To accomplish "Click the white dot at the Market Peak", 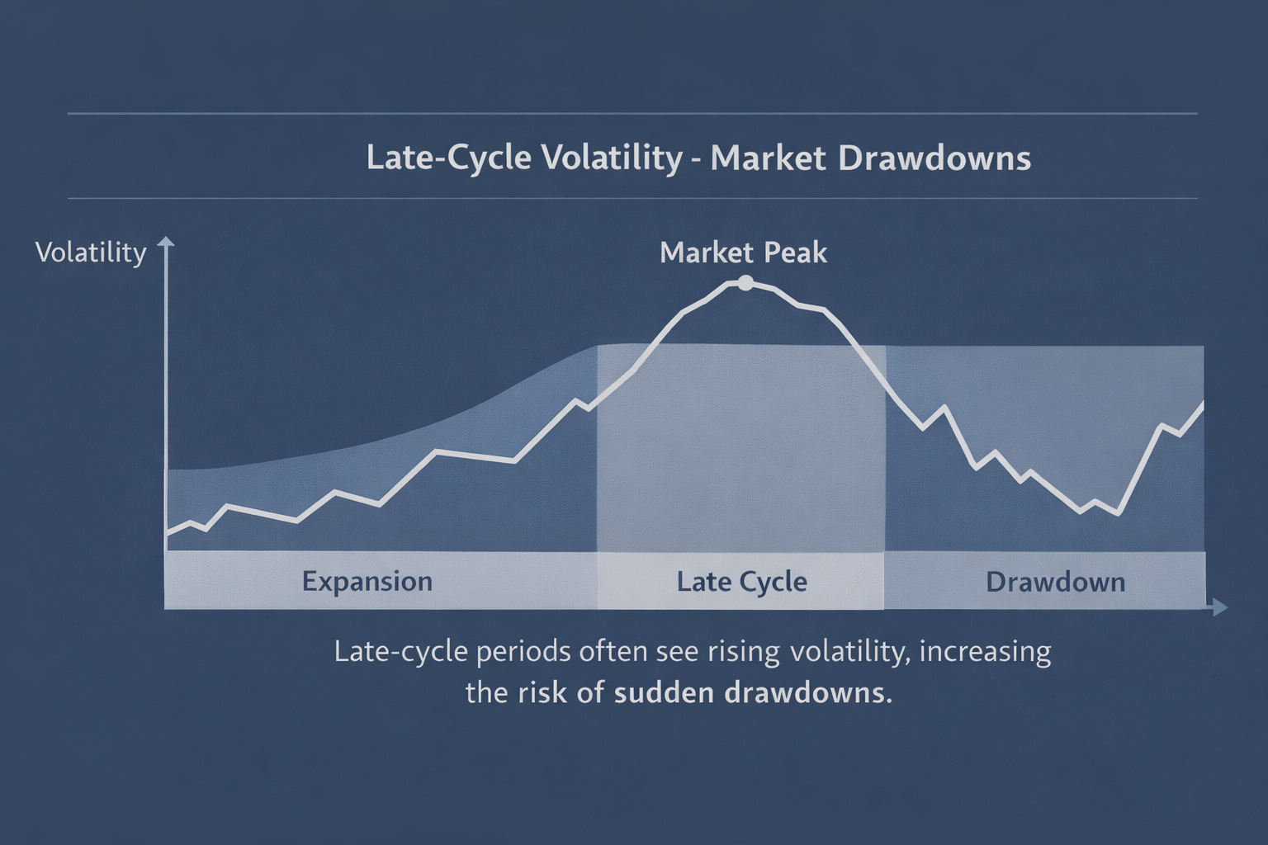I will click(x=745, y=283).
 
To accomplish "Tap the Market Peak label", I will click(x=743, y=253).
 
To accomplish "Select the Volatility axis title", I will click(x=91, y=253).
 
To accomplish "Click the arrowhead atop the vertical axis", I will click(x=166, y=243).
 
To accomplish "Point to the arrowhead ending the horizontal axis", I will click(x=1219, y=608).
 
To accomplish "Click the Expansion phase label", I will click(x=367, y=581).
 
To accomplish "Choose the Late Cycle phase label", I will click(x=741, y=581).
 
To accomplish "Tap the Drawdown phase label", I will click(x=1055, y=582).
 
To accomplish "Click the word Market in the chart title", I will click(x=768, y=158).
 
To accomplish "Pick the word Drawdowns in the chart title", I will click(x=934, y=158).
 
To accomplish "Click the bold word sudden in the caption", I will click(x=665, y=692).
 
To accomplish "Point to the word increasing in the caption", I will click(x=985, y=651).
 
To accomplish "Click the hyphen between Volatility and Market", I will click(x=696, y=159).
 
